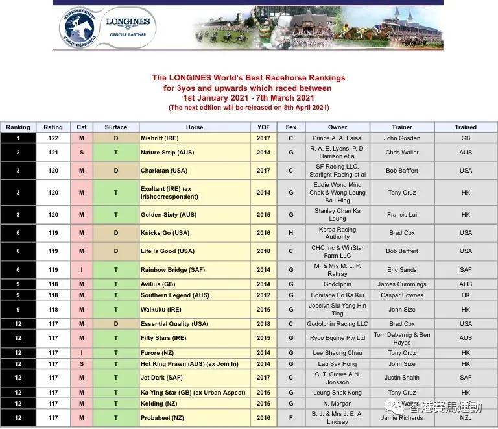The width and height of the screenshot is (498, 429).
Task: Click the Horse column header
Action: point(194,127)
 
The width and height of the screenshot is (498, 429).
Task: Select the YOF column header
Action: point(263,127)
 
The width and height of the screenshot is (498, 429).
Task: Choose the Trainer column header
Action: point(402,127)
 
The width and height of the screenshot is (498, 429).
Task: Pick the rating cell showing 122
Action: point(53,138)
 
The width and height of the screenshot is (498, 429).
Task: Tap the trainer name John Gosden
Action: point(402,138)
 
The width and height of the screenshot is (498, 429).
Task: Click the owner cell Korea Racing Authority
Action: point(338,233)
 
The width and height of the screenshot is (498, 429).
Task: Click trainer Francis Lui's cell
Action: point(402,215)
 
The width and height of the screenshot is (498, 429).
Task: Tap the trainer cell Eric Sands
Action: point(402,270)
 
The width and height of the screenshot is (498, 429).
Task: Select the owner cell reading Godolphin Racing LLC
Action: point(338,324)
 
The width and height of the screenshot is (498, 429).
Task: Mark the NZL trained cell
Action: point(466,418)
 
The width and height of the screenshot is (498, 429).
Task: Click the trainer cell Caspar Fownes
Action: point(402,296)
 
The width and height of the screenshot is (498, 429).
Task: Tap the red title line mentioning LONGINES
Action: point(248,78)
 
